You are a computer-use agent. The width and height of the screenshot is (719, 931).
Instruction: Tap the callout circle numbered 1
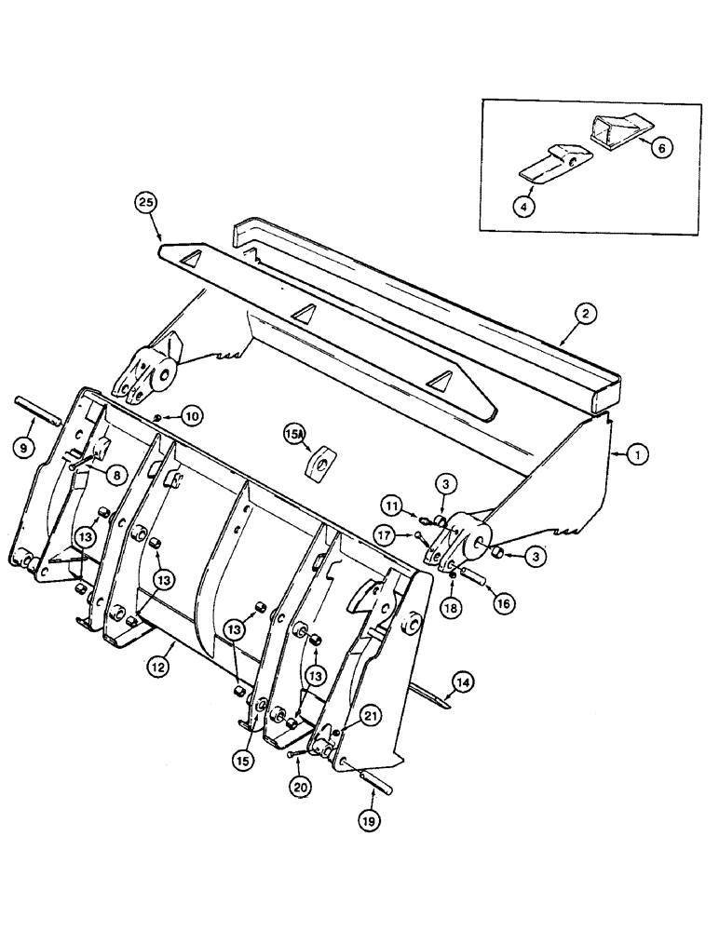pos(640,454)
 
